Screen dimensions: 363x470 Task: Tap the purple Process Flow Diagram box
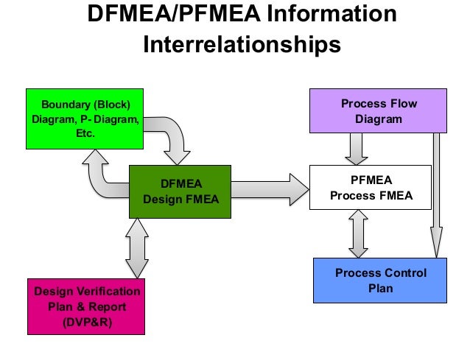coord(378,111)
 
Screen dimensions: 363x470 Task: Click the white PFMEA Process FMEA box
coord(371,187)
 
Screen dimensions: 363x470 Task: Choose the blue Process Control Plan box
coord(380,281)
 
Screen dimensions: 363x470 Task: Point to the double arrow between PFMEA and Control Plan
coord(358,233)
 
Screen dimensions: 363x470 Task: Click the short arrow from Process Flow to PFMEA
coord(357,149)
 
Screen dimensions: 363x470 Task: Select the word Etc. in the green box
coord(83,135)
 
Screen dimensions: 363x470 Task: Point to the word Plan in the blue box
coord(380,289)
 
